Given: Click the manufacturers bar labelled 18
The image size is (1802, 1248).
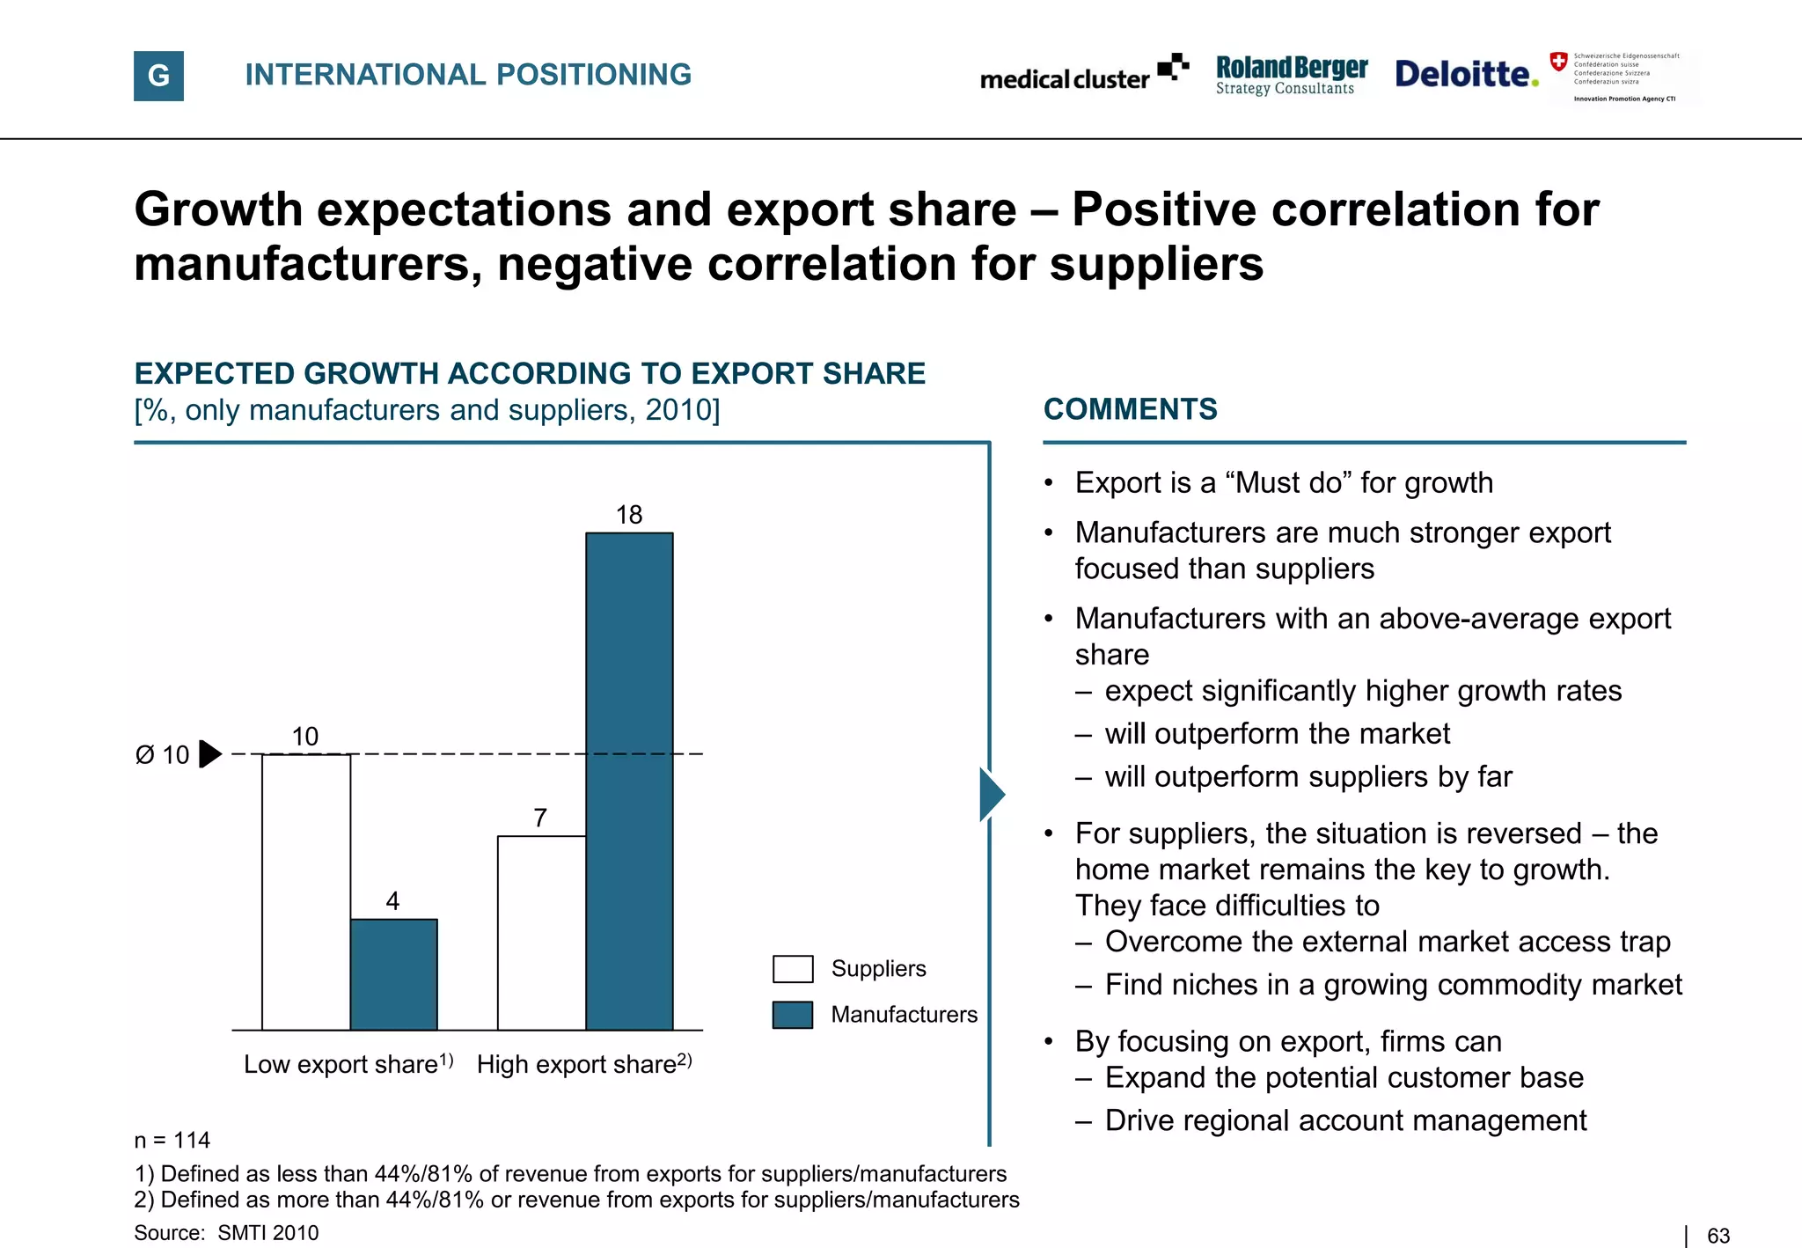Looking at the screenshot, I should (x=629, y=781).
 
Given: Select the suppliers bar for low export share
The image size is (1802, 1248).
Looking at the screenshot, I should (x=305, y=892).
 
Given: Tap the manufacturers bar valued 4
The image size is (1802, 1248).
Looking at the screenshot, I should (x=393, y=974).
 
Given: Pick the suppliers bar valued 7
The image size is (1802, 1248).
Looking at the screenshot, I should (x=541, y=932).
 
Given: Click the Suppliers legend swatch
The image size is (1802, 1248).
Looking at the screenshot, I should (x=792, y=969).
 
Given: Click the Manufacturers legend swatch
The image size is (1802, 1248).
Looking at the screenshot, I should (x=792, y=1015).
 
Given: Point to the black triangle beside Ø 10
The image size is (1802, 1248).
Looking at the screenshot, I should (x=209, y=754).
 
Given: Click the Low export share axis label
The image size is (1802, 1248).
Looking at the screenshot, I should (x=348, y=1064).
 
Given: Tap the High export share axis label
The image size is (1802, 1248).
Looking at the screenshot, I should (x=583, y=1064).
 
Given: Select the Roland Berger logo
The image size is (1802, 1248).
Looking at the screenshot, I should (x=1291, y=75).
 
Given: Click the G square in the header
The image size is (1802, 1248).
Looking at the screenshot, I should (x=158, y=76).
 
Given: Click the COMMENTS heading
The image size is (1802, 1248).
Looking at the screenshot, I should (x=1130, y=409).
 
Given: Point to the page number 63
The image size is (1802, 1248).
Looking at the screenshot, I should (x=1718, y=1236).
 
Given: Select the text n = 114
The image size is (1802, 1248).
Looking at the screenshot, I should (x=172, y=1141).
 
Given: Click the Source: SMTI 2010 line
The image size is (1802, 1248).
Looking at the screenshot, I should (x=226, y=1233).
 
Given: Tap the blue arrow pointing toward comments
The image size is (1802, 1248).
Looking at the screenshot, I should (x=991, y=795).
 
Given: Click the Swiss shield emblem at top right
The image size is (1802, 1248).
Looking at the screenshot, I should (x=1558, y=62).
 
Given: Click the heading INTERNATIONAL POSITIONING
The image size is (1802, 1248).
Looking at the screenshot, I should (x=468, y=75).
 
